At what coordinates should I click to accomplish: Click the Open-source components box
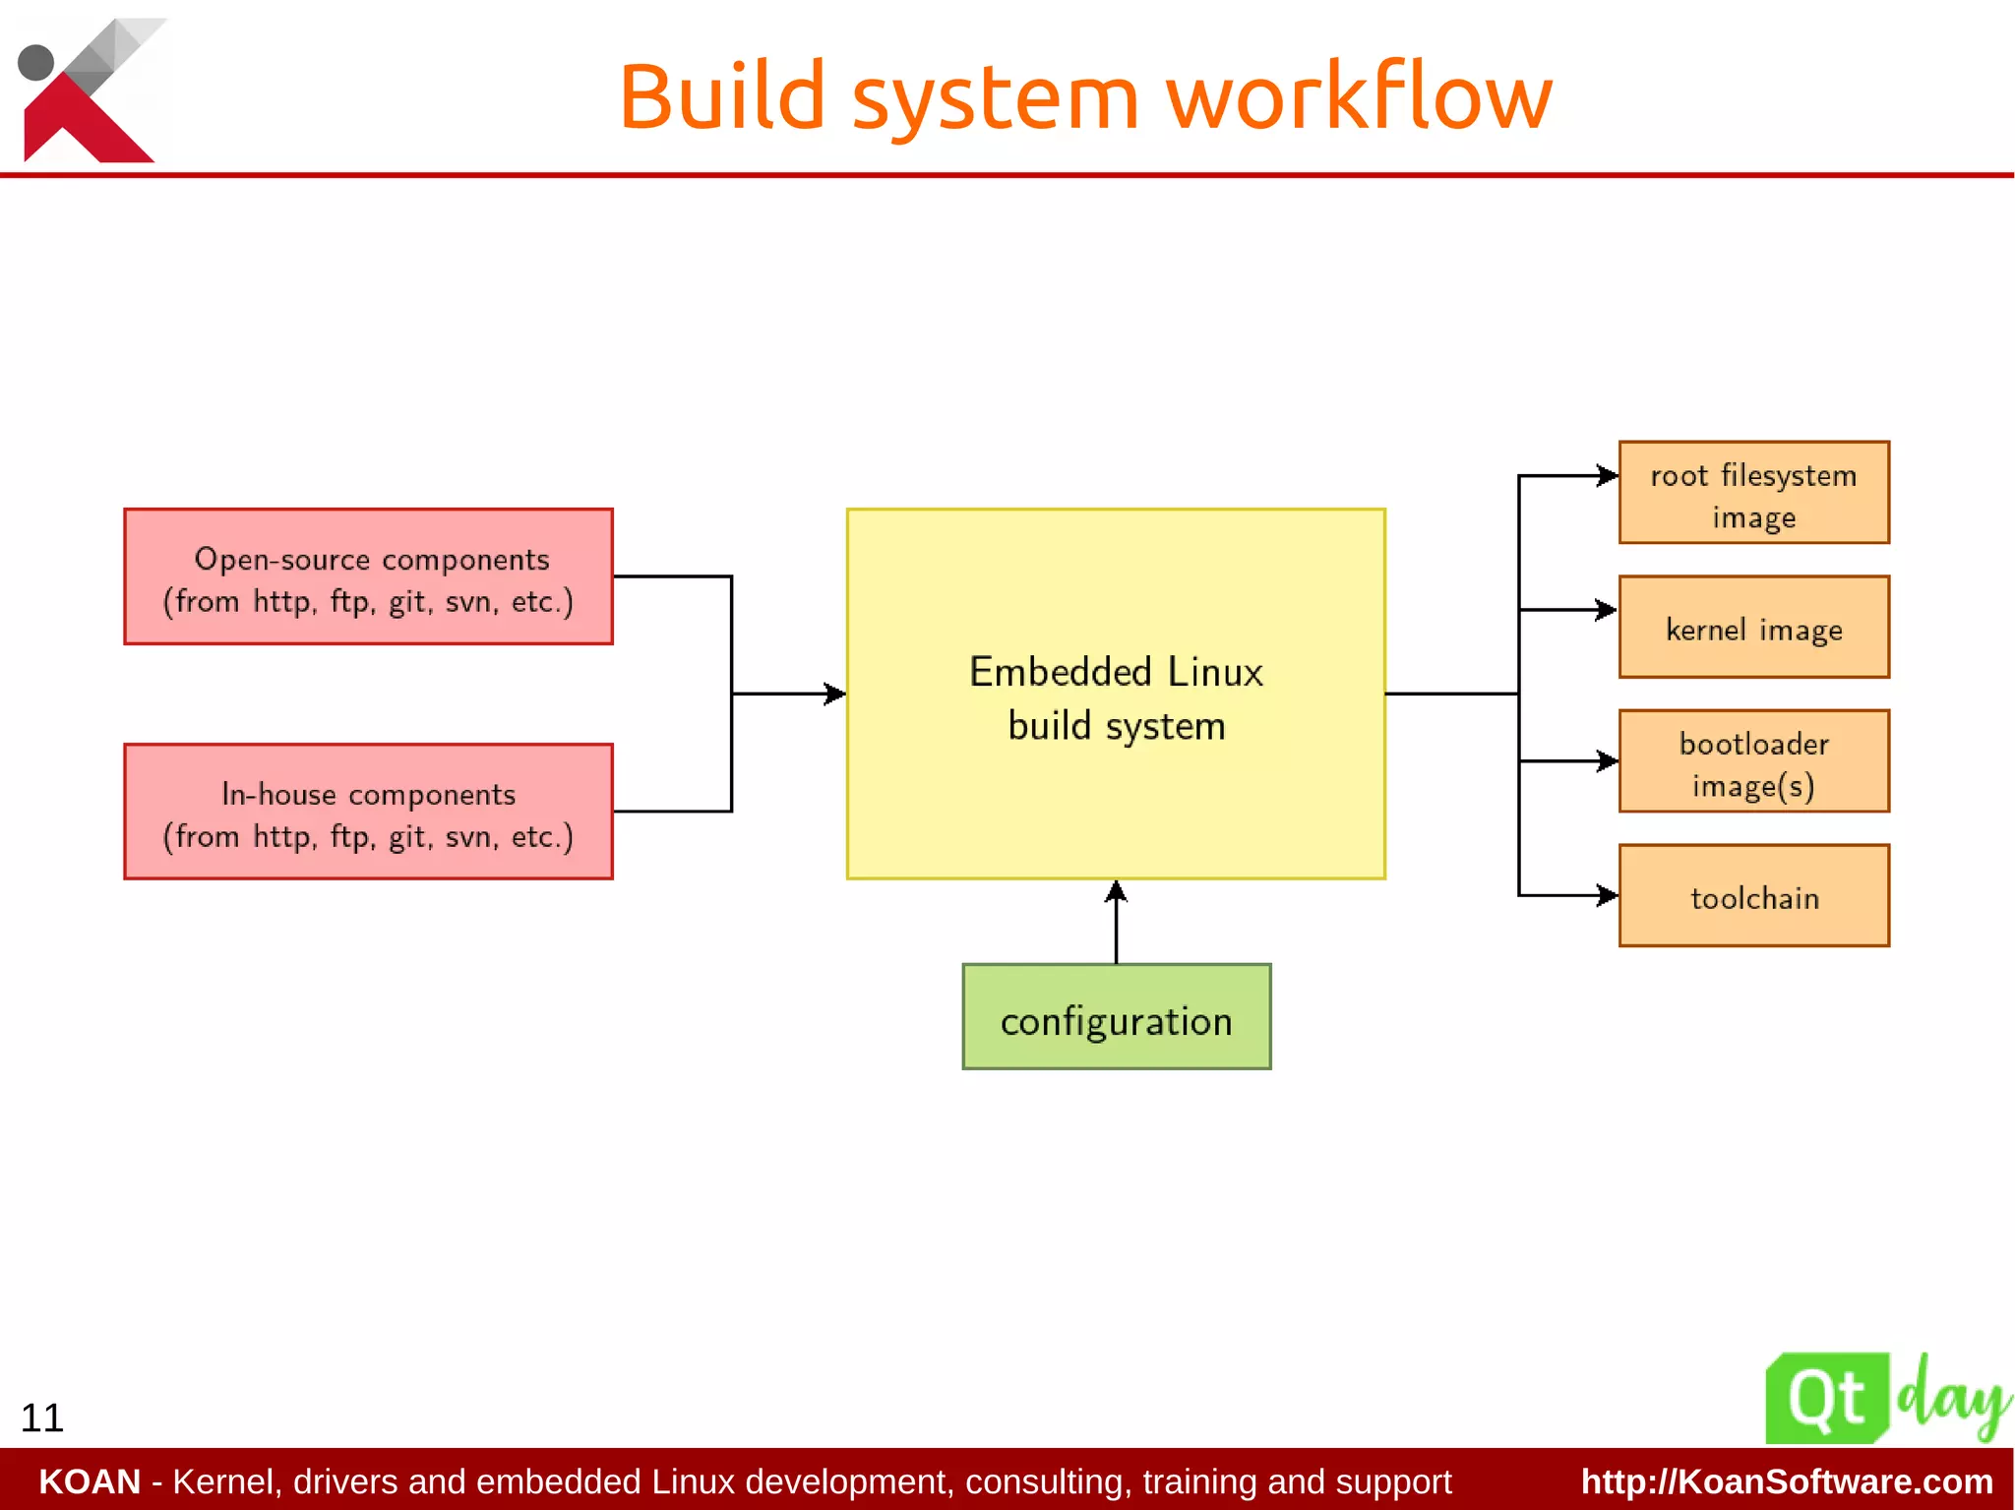pos(368,576)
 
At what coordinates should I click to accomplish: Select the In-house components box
pos(368,812)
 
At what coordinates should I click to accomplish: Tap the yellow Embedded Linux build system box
pos(1116,694)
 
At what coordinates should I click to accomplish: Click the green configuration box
pos(1116,1017)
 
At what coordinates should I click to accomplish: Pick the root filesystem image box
pos(1753,492)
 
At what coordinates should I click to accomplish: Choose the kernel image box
pos(1753,627)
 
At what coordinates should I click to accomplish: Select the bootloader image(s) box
pos(1753,761)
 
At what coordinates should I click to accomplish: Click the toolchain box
pos(1753,895)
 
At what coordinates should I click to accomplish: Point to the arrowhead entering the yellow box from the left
pos(835,694)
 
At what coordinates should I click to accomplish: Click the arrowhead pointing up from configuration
pos(1116,891)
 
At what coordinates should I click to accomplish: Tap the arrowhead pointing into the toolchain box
pos(1608,895)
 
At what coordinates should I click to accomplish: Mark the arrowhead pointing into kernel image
pos(1608,610)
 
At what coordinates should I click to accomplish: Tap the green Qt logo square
pos(1826,1398)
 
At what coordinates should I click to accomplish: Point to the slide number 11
pos(42,1418)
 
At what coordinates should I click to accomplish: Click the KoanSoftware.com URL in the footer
pos(1786,1481)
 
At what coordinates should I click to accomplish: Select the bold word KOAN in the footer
pos(90,1481)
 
